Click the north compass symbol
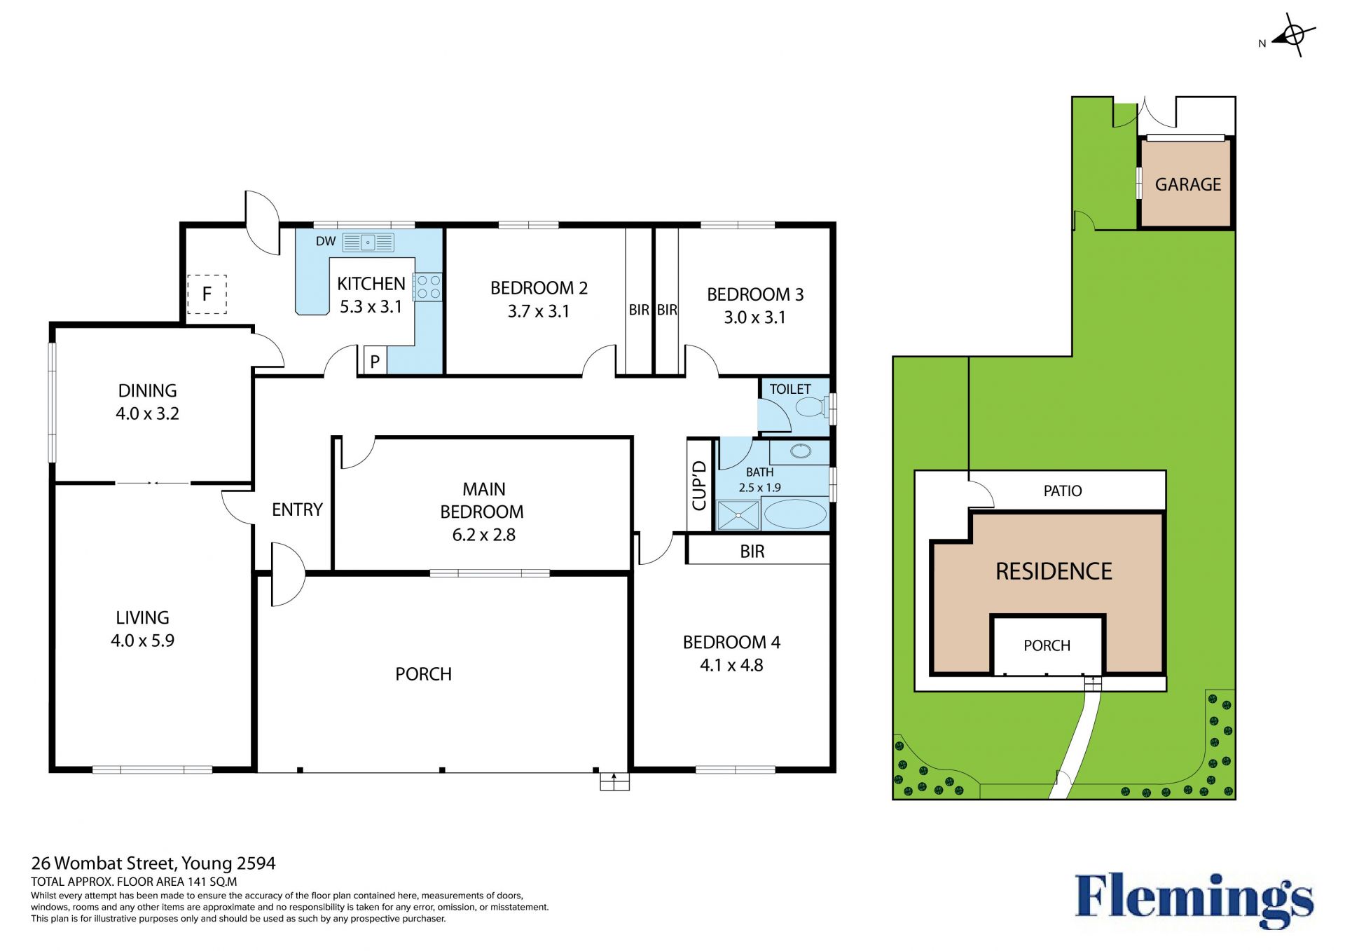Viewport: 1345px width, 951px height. pos(1293,35)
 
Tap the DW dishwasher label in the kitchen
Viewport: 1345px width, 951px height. pos(326,241)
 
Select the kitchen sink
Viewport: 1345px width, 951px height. pos(368,242)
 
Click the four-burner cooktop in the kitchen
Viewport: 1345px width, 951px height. pos(428,287)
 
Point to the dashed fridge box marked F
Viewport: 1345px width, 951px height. pos(207,294)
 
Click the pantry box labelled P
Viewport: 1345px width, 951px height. pos(375,361)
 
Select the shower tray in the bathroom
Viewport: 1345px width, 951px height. pos(738,515)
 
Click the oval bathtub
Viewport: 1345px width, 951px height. pos(795,514)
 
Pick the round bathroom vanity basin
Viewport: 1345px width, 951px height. pos(801,451)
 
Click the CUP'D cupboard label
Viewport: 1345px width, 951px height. pos(699,485)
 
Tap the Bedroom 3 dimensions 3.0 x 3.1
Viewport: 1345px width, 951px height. pos(754,317)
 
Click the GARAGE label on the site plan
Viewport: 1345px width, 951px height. pos(1188,184)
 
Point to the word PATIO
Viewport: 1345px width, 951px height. pos(1063,491)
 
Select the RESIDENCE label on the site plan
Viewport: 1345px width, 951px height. pos(1054,572)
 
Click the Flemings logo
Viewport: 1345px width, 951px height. pos(1194,900)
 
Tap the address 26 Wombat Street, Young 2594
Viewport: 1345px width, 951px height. pos(153,863)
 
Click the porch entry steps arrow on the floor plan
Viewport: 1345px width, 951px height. pos(614,781)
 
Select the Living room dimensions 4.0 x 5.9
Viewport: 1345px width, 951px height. pos(142,641)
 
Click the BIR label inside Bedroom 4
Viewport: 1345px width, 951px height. pos(752,552)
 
